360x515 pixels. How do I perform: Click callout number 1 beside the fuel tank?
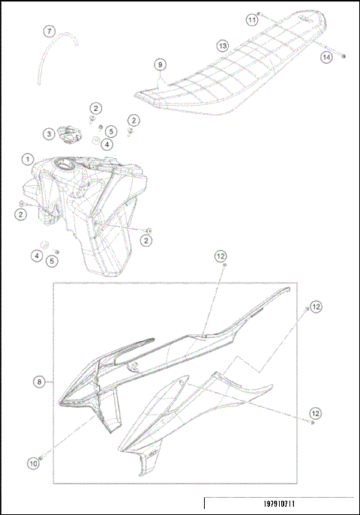[x=27, y=160]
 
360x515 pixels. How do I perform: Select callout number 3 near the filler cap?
[x=48, y=134]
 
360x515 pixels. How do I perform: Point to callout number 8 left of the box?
[x=38, y=382]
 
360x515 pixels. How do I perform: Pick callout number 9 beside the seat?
[x=160, y=64]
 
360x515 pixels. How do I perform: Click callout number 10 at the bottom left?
[x=33, y=464]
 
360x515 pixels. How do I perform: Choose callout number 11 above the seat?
[x=252, y=20]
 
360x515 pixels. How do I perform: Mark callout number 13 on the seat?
[x=223, y=46]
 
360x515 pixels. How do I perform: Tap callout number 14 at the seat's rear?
[x=326, y=56]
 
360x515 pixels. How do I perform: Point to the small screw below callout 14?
[x=343, y=56]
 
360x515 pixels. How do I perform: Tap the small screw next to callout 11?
[x=259, y=14]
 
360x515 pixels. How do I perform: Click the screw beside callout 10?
[x=40, y=457]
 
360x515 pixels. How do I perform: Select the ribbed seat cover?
[x=232, y=67]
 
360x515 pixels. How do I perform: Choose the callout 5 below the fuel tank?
[x=52, y=261]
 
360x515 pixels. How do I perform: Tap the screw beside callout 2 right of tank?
[x=148, y=229]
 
